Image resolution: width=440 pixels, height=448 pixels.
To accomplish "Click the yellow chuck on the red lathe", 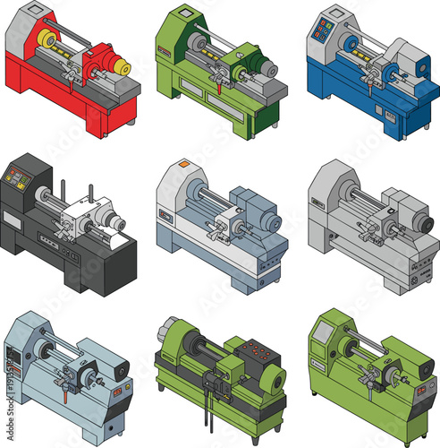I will (47, 40).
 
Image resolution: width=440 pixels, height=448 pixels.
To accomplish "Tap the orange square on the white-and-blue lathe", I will (183, 165).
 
